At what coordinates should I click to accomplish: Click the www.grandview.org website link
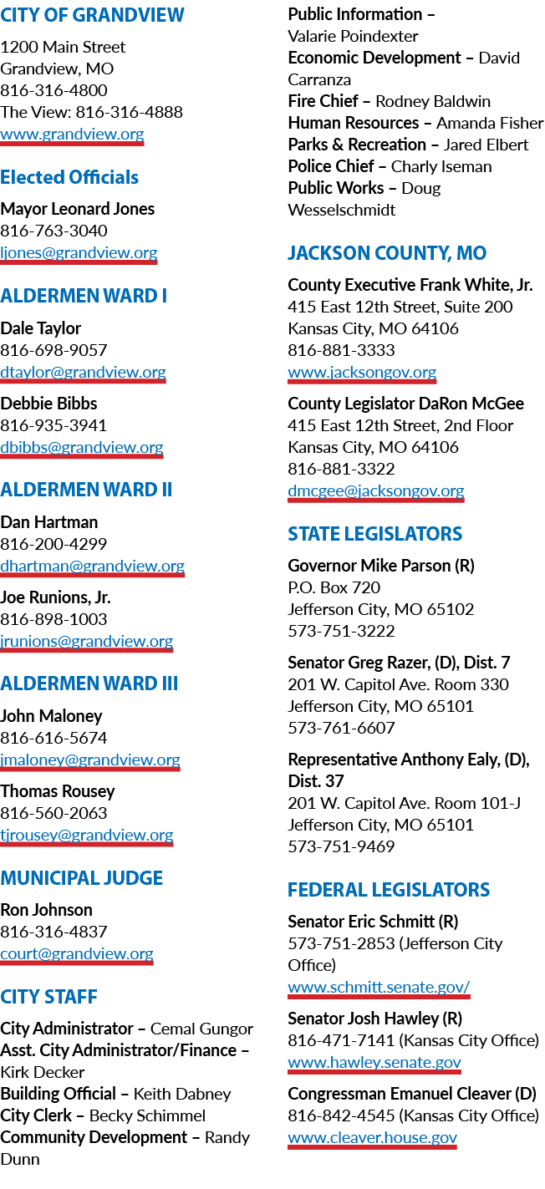[x=72, y=135]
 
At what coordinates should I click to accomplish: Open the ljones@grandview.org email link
[x=79, y=252]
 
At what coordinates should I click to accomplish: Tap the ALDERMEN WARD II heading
[x=86, y=490]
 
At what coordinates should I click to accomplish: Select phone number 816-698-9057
[x=53, y=350]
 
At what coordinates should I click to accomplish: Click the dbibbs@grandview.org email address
[x=82, y=448]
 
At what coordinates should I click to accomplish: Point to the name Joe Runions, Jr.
[x=55, y=597]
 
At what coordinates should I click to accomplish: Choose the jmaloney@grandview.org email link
[x=90, y=760]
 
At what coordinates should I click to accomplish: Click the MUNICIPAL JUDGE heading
[x=81, y=878]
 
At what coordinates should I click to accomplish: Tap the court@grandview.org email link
[x=77, y=954]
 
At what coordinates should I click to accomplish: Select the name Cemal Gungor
[x=201, y=1029]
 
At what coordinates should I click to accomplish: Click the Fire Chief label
[x=323, y=101]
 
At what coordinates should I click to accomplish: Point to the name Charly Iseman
[x=441, y=166]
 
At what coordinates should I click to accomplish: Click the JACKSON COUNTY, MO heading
[x=387, y=253]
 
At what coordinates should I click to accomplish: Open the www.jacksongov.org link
[x=362, y=373]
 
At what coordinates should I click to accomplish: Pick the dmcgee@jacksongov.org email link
[x=376, y=491]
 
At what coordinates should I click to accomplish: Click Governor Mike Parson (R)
[x=381, y=566]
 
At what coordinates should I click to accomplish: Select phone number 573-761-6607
[x=342, y=728]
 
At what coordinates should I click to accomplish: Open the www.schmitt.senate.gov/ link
[x=379, y=988]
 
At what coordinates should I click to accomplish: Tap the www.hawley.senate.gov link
[x=374, y=1063]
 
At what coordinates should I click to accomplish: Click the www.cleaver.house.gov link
[x=372, y=1138]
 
